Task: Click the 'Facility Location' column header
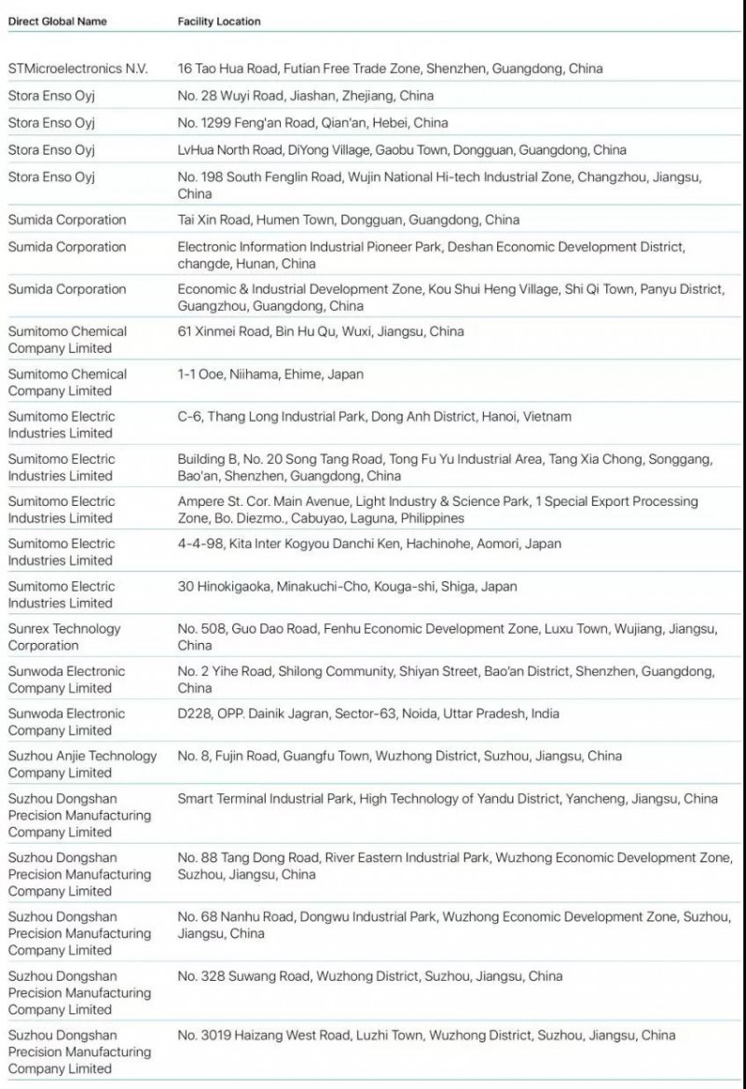pos(219,21)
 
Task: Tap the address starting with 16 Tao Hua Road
pos(390,68)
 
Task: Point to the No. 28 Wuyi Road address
pos(305,95)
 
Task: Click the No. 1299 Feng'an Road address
pos(312,122)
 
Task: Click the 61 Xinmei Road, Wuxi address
pos(320,331)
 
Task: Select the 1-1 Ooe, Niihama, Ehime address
pos(270,374)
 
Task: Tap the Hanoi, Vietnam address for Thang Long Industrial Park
pos(374,416)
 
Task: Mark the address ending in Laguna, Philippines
pos(437,510)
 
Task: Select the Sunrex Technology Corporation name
pos(64,637)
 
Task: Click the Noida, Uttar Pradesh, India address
pos(368,714)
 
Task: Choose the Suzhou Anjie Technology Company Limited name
pos(82,764)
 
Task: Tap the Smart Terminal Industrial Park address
pos(448,799)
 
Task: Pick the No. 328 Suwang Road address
pos(370,976)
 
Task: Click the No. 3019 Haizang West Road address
pos(426,1035)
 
